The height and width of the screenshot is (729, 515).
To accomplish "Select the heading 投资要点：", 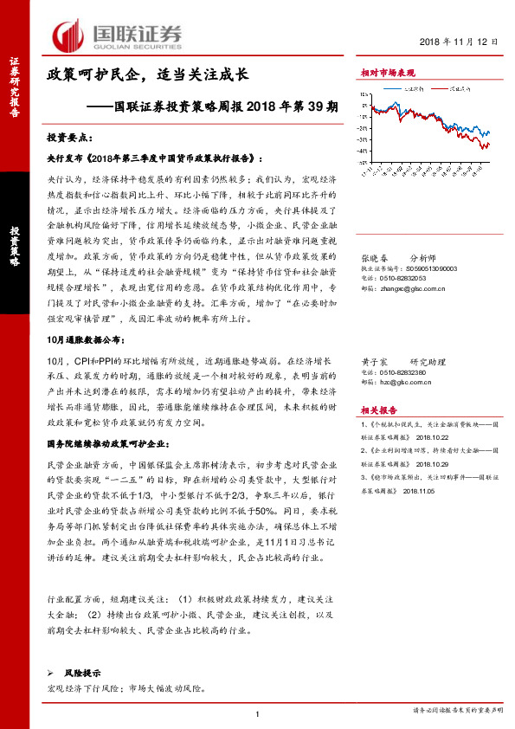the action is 69,138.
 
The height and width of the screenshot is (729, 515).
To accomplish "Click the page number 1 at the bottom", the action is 258,714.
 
